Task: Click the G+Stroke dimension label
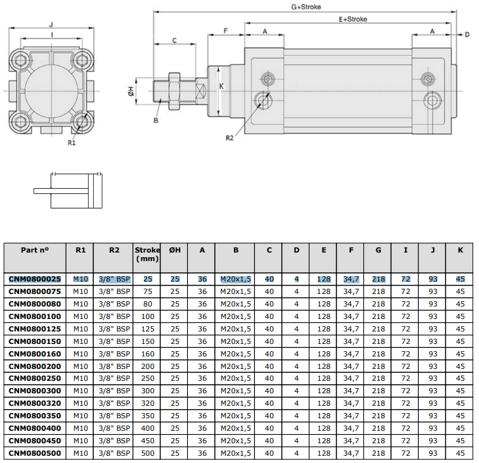(x=306, y=7)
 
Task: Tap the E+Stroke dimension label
(x=353, y=19)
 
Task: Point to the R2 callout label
(x=229, y=138)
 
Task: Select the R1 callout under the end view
(x=72, y=143)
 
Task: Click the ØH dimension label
(x=131, y=91)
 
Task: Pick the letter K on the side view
(x=221, y=86)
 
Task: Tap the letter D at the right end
(x=467, y=35)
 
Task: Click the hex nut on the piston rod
(x=174, y=91)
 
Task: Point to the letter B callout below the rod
(x=156, y=120)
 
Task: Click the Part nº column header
(x=35, y=250)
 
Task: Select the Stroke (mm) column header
(x=147, y=255)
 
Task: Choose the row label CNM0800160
(x=35, y=354)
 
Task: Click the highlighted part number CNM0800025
(x=35, y=279)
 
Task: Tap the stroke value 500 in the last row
(x=148, y=453)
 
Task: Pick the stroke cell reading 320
(x=148, y=403)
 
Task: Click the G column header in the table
(x=378, y=250)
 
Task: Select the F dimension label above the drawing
(x=226, y=30)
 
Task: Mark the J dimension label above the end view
(x=51, y=24)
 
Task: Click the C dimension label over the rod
(x=174, y=40)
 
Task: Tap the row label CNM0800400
(x=35, y=428)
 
